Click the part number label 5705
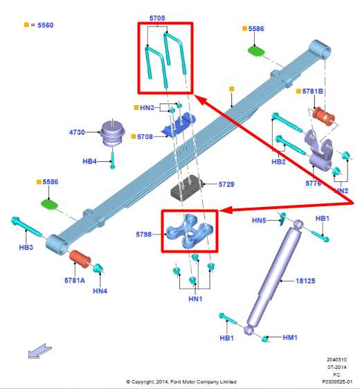[x=157, y=18]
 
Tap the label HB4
[x=89, y=161]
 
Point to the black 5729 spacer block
[x=186, y=188]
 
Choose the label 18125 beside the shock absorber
[x=305, y=281]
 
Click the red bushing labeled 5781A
[x=80, y=260]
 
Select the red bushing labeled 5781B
[x=323, y=116]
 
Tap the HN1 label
[x=195, y=299]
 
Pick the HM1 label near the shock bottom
[x=290, y=337]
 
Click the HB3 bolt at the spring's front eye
[x=27, y=227]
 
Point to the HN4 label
[x=100, y=291]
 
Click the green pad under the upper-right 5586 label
[x=256, y=51]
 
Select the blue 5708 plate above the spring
[x=179, y=125]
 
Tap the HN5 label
[x=259, y=220]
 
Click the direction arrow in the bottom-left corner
[x=39, y=351]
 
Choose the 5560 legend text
[x=46, y=25]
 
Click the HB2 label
[x=278, y=162]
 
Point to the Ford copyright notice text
[x=181, y=382]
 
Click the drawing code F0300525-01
[x=337, y=381]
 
